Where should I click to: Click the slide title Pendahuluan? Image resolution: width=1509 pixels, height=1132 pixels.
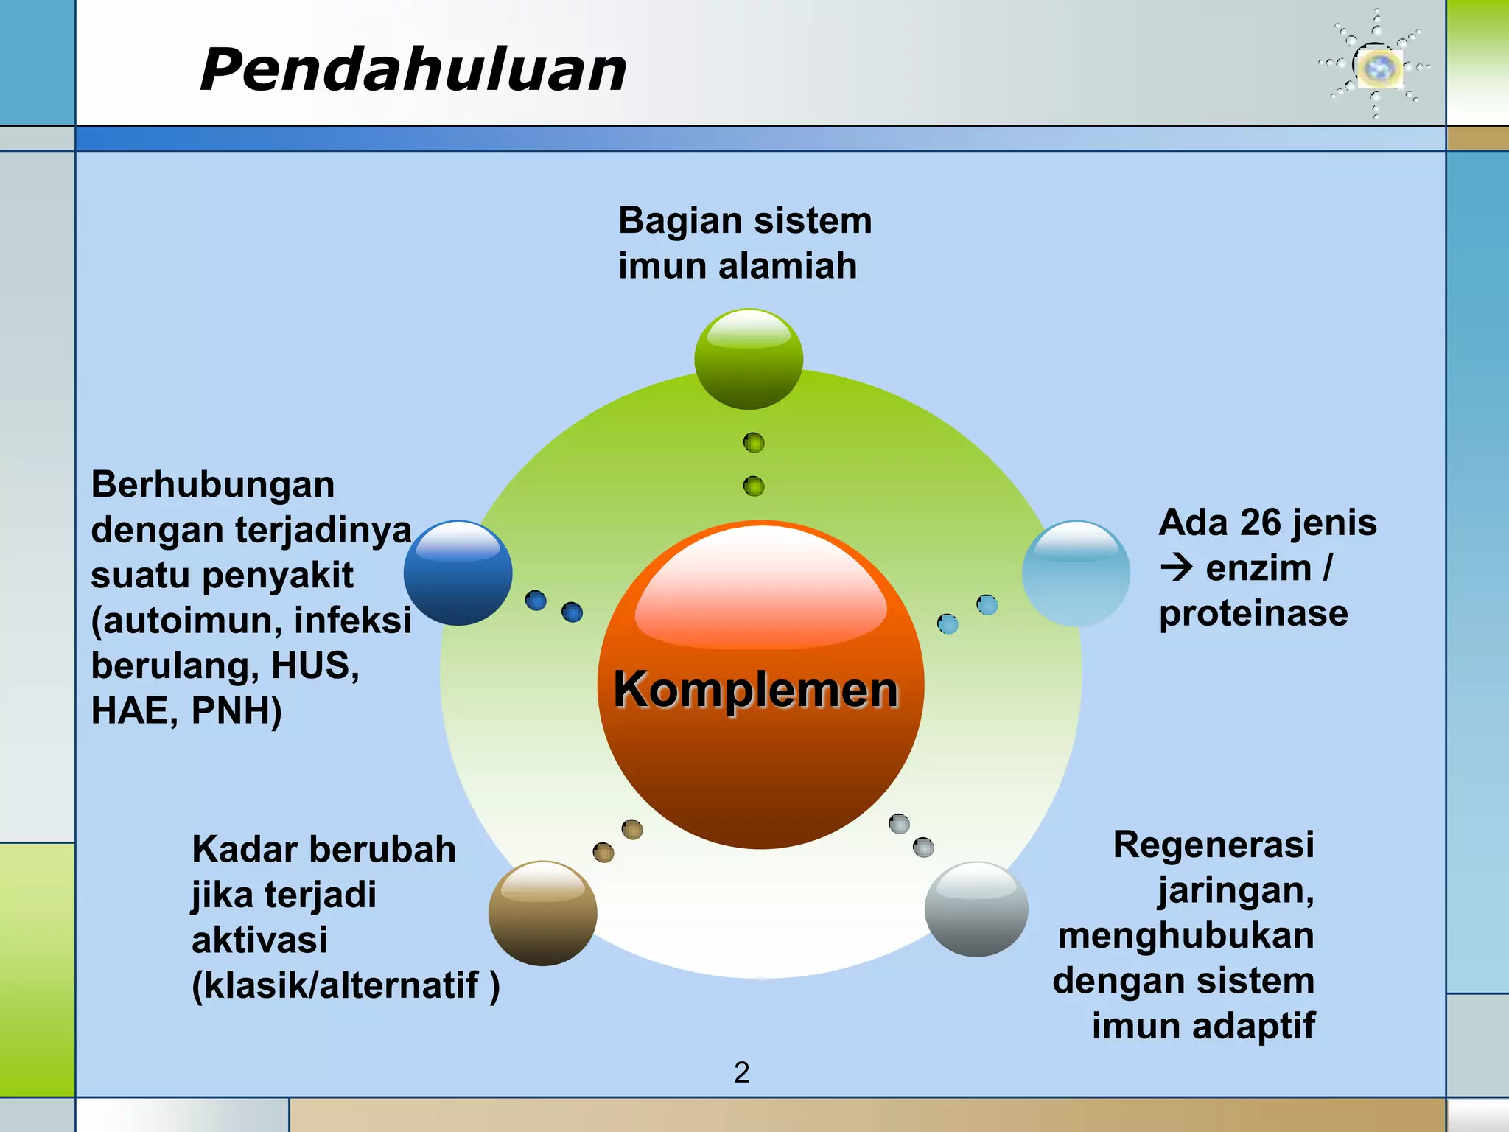413,70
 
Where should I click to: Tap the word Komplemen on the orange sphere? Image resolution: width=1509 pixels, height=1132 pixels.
756,690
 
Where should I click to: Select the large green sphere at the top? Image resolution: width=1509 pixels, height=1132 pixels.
749,359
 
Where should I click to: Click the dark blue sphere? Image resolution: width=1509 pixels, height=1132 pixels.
458,573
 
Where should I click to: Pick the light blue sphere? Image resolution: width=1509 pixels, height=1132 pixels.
1076,573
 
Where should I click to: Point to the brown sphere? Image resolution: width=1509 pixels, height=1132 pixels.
542,913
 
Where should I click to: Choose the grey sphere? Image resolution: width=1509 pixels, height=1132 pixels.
976,909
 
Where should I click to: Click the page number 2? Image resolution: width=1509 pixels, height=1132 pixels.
741,1072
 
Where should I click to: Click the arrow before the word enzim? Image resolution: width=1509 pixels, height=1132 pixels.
1177,568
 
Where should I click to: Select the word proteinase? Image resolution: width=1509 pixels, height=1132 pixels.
1253,613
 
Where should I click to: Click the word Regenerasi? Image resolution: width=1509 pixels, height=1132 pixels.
1214,845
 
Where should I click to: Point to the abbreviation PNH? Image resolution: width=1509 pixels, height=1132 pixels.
237,711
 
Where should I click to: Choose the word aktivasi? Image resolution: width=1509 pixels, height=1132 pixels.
259,940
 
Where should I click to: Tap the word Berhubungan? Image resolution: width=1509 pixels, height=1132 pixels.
213,485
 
